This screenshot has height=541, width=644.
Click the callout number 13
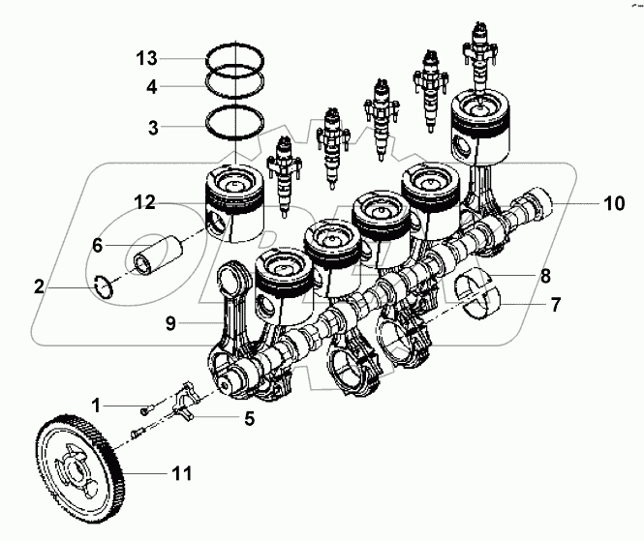coord(145,59)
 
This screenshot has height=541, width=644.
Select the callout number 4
coord(152,86)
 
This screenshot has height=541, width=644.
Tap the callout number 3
coord(152,126)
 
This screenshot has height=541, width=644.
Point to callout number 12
coord(145,203)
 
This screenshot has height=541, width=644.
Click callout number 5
coord(249,418)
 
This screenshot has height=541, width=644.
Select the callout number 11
coord(181,474)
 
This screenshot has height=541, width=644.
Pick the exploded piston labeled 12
coord(232,203)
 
